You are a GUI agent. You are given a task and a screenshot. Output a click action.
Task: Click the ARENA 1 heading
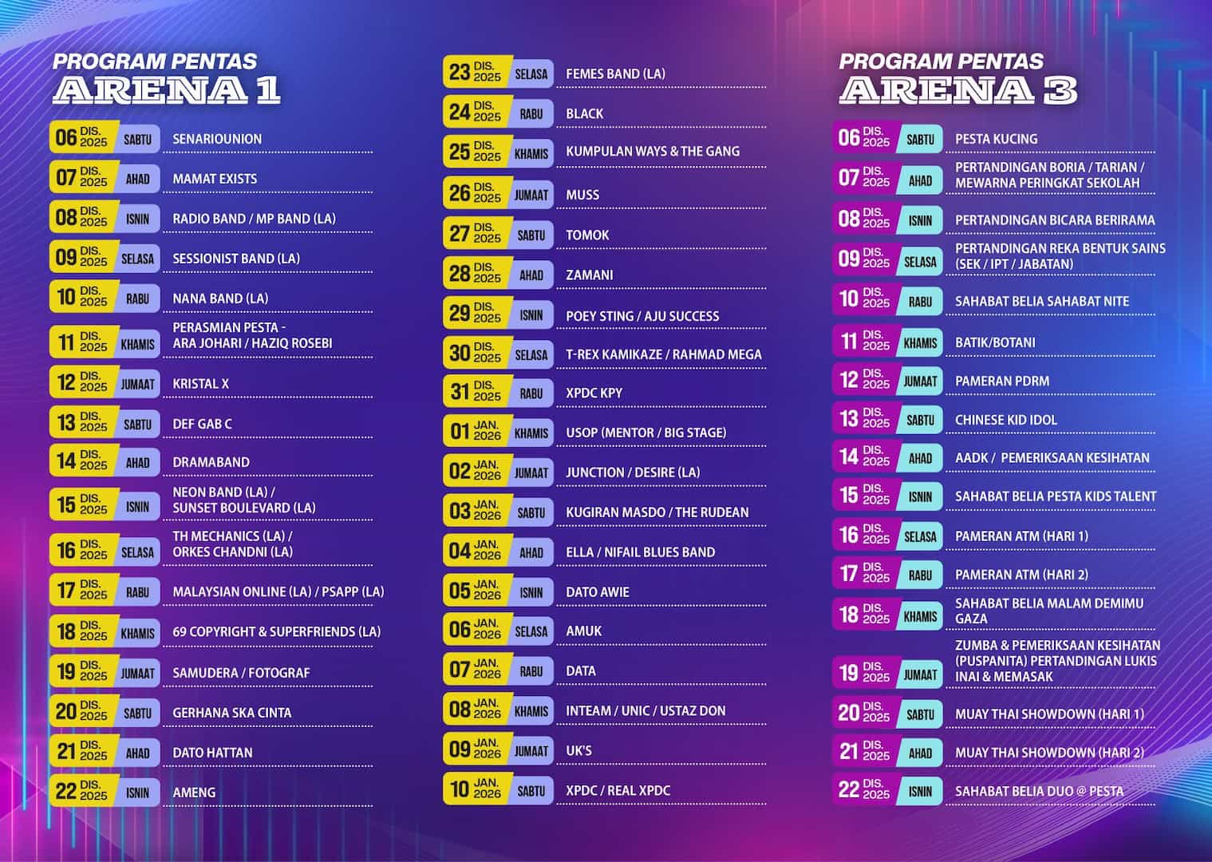[x=166, y=89]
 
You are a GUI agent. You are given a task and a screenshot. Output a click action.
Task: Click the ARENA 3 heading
[x=957, y=89]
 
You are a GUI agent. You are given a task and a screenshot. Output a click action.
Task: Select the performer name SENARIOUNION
[x=217, y=139]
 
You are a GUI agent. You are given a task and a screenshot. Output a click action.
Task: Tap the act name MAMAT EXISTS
[x=215, y=179]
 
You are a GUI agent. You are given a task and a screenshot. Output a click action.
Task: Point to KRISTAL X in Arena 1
[x=200, y=384]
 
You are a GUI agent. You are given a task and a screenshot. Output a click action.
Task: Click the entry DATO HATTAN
[x=212, y=753]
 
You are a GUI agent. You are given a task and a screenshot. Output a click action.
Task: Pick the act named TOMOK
[x=587, y=235]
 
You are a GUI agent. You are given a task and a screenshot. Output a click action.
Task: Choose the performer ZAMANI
[x=590, y=275]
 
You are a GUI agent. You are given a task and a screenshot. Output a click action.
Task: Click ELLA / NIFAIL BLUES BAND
[x=640, y=552]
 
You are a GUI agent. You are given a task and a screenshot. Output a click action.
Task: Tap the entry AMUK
[x=583, y=631]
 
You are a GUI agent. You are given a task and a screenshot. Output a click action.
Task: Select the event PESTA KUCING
[x=996, y=139]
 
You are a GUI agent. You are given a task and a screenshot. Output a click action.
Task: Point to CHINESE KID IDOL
[x=1005, y=420]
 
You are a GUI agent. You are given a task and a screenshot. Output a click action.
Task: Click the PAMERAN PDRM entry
[x=1001, y=382]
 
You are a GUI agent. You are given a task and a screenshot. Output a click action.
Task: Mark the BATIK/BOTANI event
[x=995, y=342]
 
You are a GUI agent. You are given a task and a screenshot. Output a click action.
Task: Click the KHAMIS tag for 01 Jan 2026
[x=531, y=433]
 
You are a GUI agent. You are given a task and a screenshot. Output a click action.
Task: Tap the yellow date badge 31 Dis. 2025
[x=476, y=392]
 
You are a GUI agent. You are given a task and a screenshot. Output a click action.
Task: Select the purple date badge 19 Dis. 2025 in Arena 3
[x=864, y=673]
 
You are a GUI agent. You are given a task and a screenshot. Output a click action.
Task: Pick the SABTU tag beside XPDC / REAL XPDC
[x=531, y=791]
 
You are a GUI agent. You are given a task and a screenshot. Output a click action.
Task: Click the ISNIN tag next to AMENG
[x=137, y=793]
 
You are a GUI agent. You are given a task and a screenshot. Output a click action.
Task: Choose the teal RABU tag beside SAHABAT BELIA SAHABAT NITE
[x=920, y=302]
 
